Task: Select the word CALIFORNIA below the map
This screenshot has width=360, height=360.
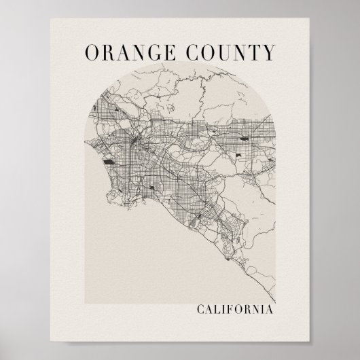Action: point(234,310)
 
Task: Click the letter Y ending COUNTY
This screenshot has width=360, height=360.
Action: point(270,52)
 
